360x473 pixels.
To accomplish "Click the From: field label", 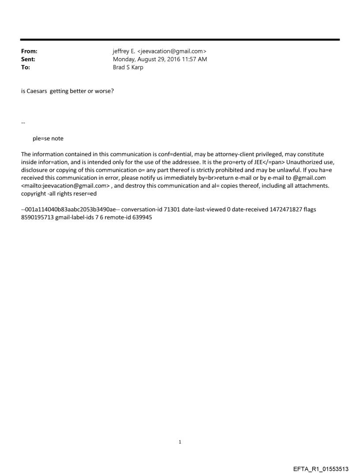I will pos(29,52).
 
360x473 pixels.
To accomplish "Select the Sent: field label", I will pos(28,60).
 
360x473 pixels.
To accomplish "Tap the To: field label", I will pos(26,67).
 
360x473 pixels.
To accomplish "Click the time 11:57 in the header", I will pos(190,60).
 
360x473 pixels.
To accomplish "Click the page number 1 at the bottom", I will pos(180,442).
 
